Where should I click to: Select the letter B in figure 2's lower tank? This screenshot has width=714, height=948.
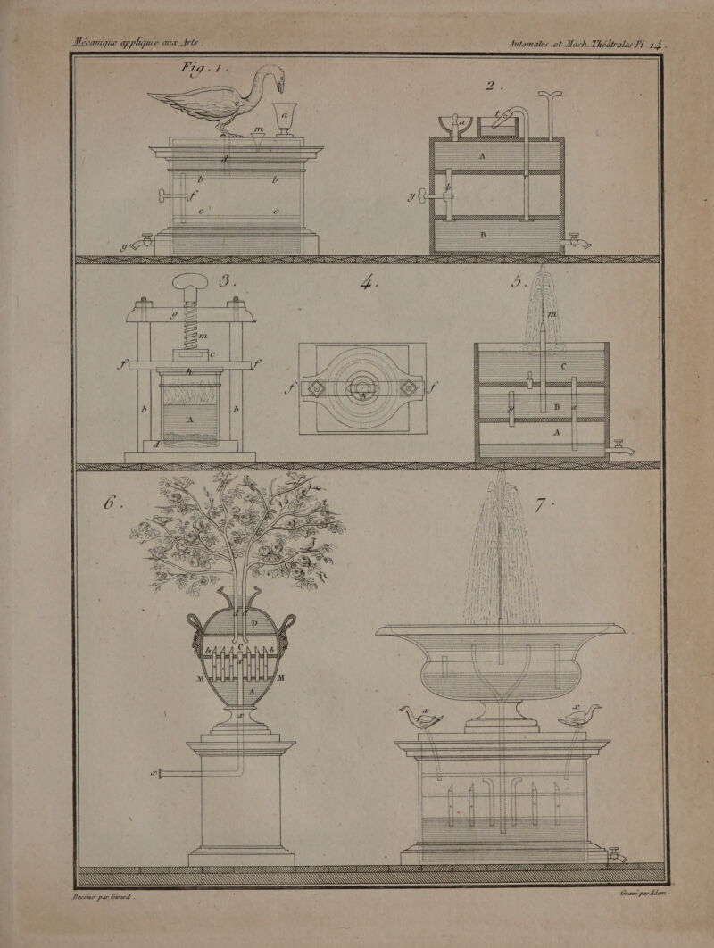click(x=483, y=236)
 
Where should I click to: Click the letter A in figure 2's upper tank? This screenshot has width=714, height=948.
click(x=483, y=154)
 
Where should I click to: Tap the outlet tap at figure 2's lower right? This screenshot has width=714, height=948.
click(x=579, y=240)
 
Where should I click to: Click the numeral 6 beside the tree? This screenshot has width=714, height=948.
click(x=111, y=501)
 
